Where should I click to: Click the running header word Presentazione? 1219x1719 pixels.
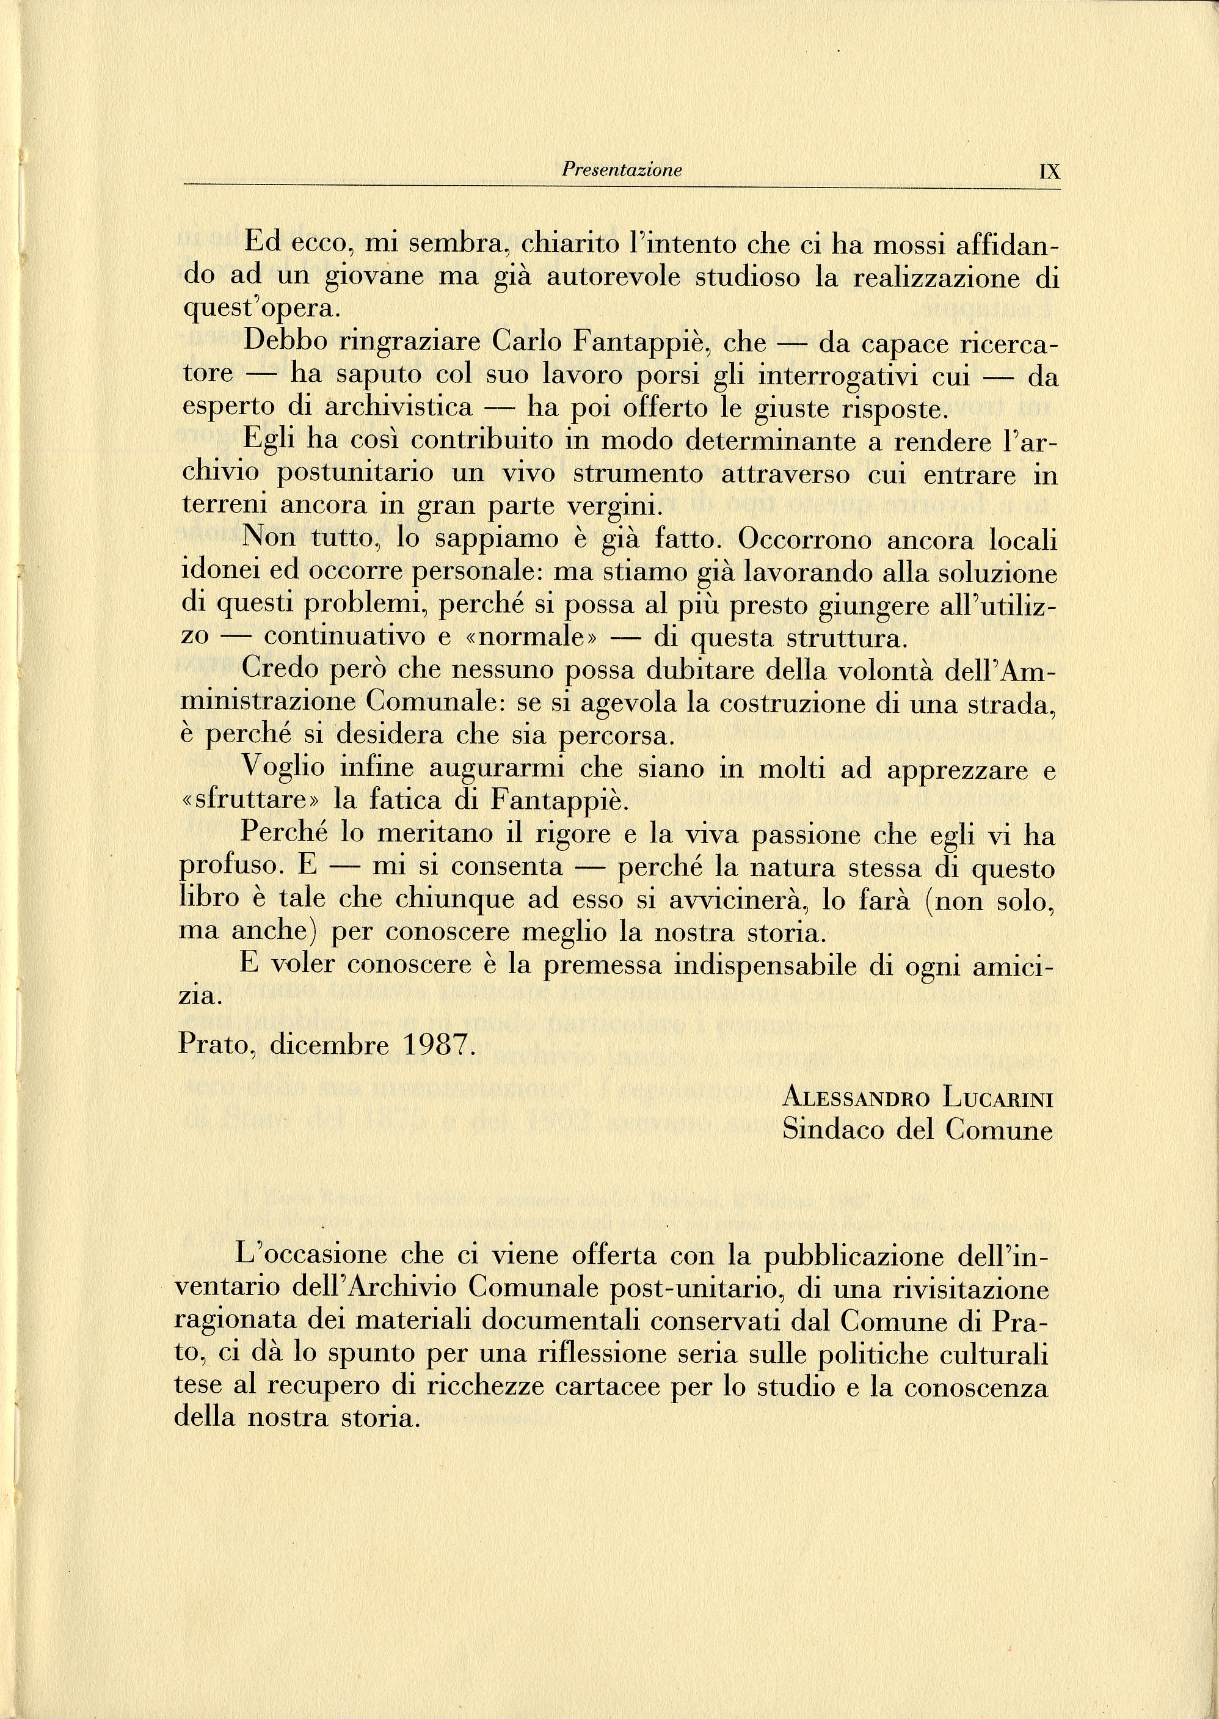point(622,170)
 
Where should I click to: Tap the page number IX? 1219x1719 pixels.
point(1049,172)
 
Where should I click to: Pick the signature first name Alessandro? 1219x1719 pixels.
point(856,1099)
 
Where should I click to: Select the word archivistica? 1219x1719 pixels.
point(399,407)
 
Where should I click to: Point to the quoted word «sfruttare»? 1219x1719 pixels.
point(250,801)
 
